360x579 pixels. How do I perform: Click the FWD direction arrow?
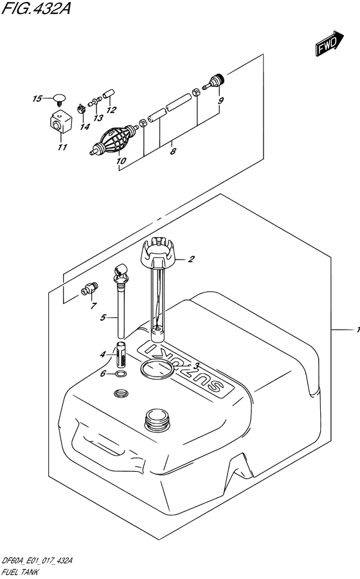330,44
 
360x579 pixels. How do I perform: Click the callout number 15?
37,98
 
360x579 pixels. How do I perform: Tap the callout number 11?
62,147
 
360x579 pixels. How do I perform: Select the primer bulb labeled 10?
114,141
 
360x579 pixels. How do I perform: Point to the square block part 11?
60,121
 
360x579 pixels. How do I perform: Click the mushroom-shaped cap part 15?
59,99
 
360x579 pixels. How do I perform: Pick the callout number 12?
111,110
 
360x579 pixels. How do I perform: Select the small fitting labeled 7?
90,289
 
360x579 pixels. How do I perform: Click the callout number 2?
191,259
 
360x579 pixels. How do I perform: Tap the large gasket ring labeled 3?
157,370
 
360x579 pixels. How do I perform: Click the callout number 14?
85,127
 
